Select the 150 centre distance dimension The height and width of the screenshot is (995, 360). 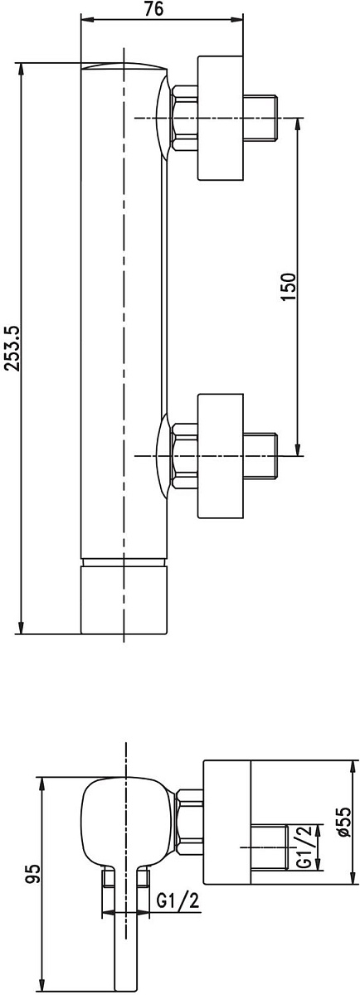pos(288,287)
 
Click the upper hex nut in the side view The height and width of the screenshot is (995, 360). pos(184,118)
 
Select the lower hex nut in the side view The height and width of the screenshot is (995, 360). pos(184,456)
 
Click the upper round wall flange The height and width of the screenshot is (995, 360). pos(221,118)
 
